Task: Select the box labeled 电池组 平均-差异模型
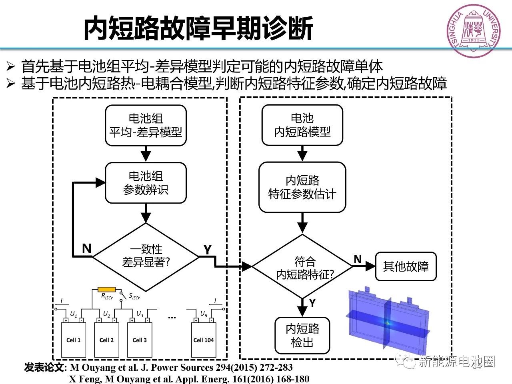146,125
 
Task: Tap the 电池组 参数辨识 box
146,183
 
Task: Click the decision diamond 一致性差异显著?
146,256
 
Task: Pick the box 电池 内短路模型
302,125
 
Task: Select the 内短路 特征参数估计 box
302,187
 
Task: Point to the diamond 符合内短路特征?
303,268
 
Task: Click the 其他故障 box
406,266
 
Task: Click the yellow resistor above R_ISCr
107,289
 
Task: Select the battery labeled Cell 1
73,340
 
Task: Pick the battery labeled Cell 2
106,340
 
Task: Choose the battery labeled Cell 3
140,340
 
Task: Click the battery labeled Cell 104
204,340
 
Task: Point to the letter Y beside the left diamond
207,250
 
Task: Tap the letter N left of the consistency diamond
86,249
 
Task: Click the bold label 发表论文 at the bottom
44,367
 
